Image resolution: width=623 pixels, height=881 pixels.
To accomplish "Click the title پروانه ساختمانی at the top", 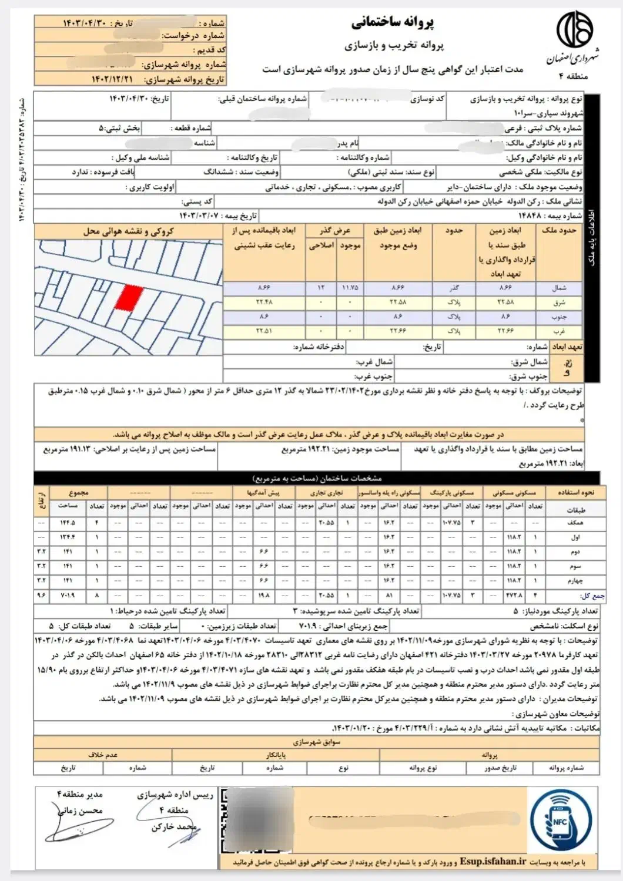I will pyautogui.click(x=393, y=23).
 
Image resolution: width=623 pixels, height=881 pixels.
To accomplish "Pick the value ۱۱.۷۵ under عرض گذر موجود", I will pyautogui.click(x=350, y=288).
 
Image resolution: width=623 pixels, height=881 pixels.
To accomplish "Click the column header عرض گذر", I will pyautogui.click(x=334, y=231).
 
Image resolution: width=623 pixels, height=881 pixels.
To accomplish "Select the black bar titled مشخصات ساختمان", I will pyautogui.click(x=317, y=478).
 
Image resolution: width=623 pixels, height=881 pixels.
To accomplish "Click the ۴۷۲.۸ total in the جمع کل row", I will pyautogui.click(x=514, y=595).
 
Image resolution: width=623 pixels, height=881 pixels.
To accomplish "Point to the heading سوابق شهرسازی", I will pyautogui.click(x=317, y=742).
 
